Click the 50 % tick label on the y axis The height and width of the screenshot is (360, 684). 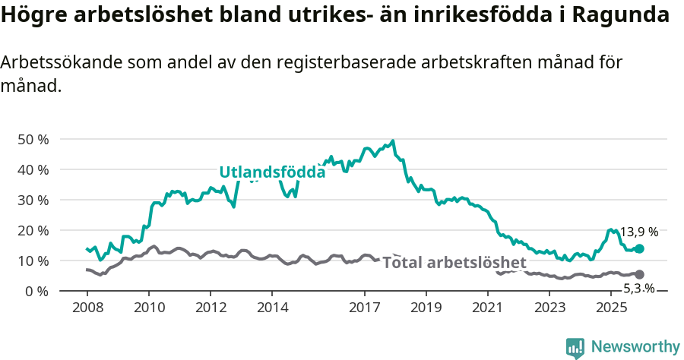tap(33, 139)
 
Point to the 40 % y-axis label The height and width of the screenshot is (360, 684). tap(33, 169)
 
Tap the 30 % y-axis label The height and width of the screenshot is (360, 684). tap(33, 200)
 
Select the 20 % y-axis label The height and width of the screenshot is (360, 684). tap(33, 230)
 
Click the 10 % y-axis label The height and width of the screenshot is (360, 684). tap(33, 261)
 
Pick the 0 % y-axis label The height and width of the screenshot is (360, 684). tap(36, 291)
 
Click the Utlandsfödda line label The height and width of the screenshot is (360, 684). tap(272, 172)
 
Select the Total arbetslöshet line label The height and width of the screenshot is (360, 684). tap(454, 263)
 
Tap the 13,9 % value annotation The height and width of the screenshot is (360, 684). tap(639, 232)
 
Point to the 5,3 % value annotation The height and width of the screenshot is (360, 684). tap(638, 289)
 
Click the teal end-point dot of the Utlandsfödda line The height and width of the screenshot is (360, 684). tap(639, 248)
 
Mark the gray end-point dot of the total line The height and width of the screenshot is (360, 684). tap(639, 274)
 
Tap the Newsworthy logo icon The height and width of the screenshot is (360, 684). tap(575, 347)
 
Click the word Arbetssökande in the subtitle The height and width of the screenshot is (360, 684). tap(58, 63)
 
